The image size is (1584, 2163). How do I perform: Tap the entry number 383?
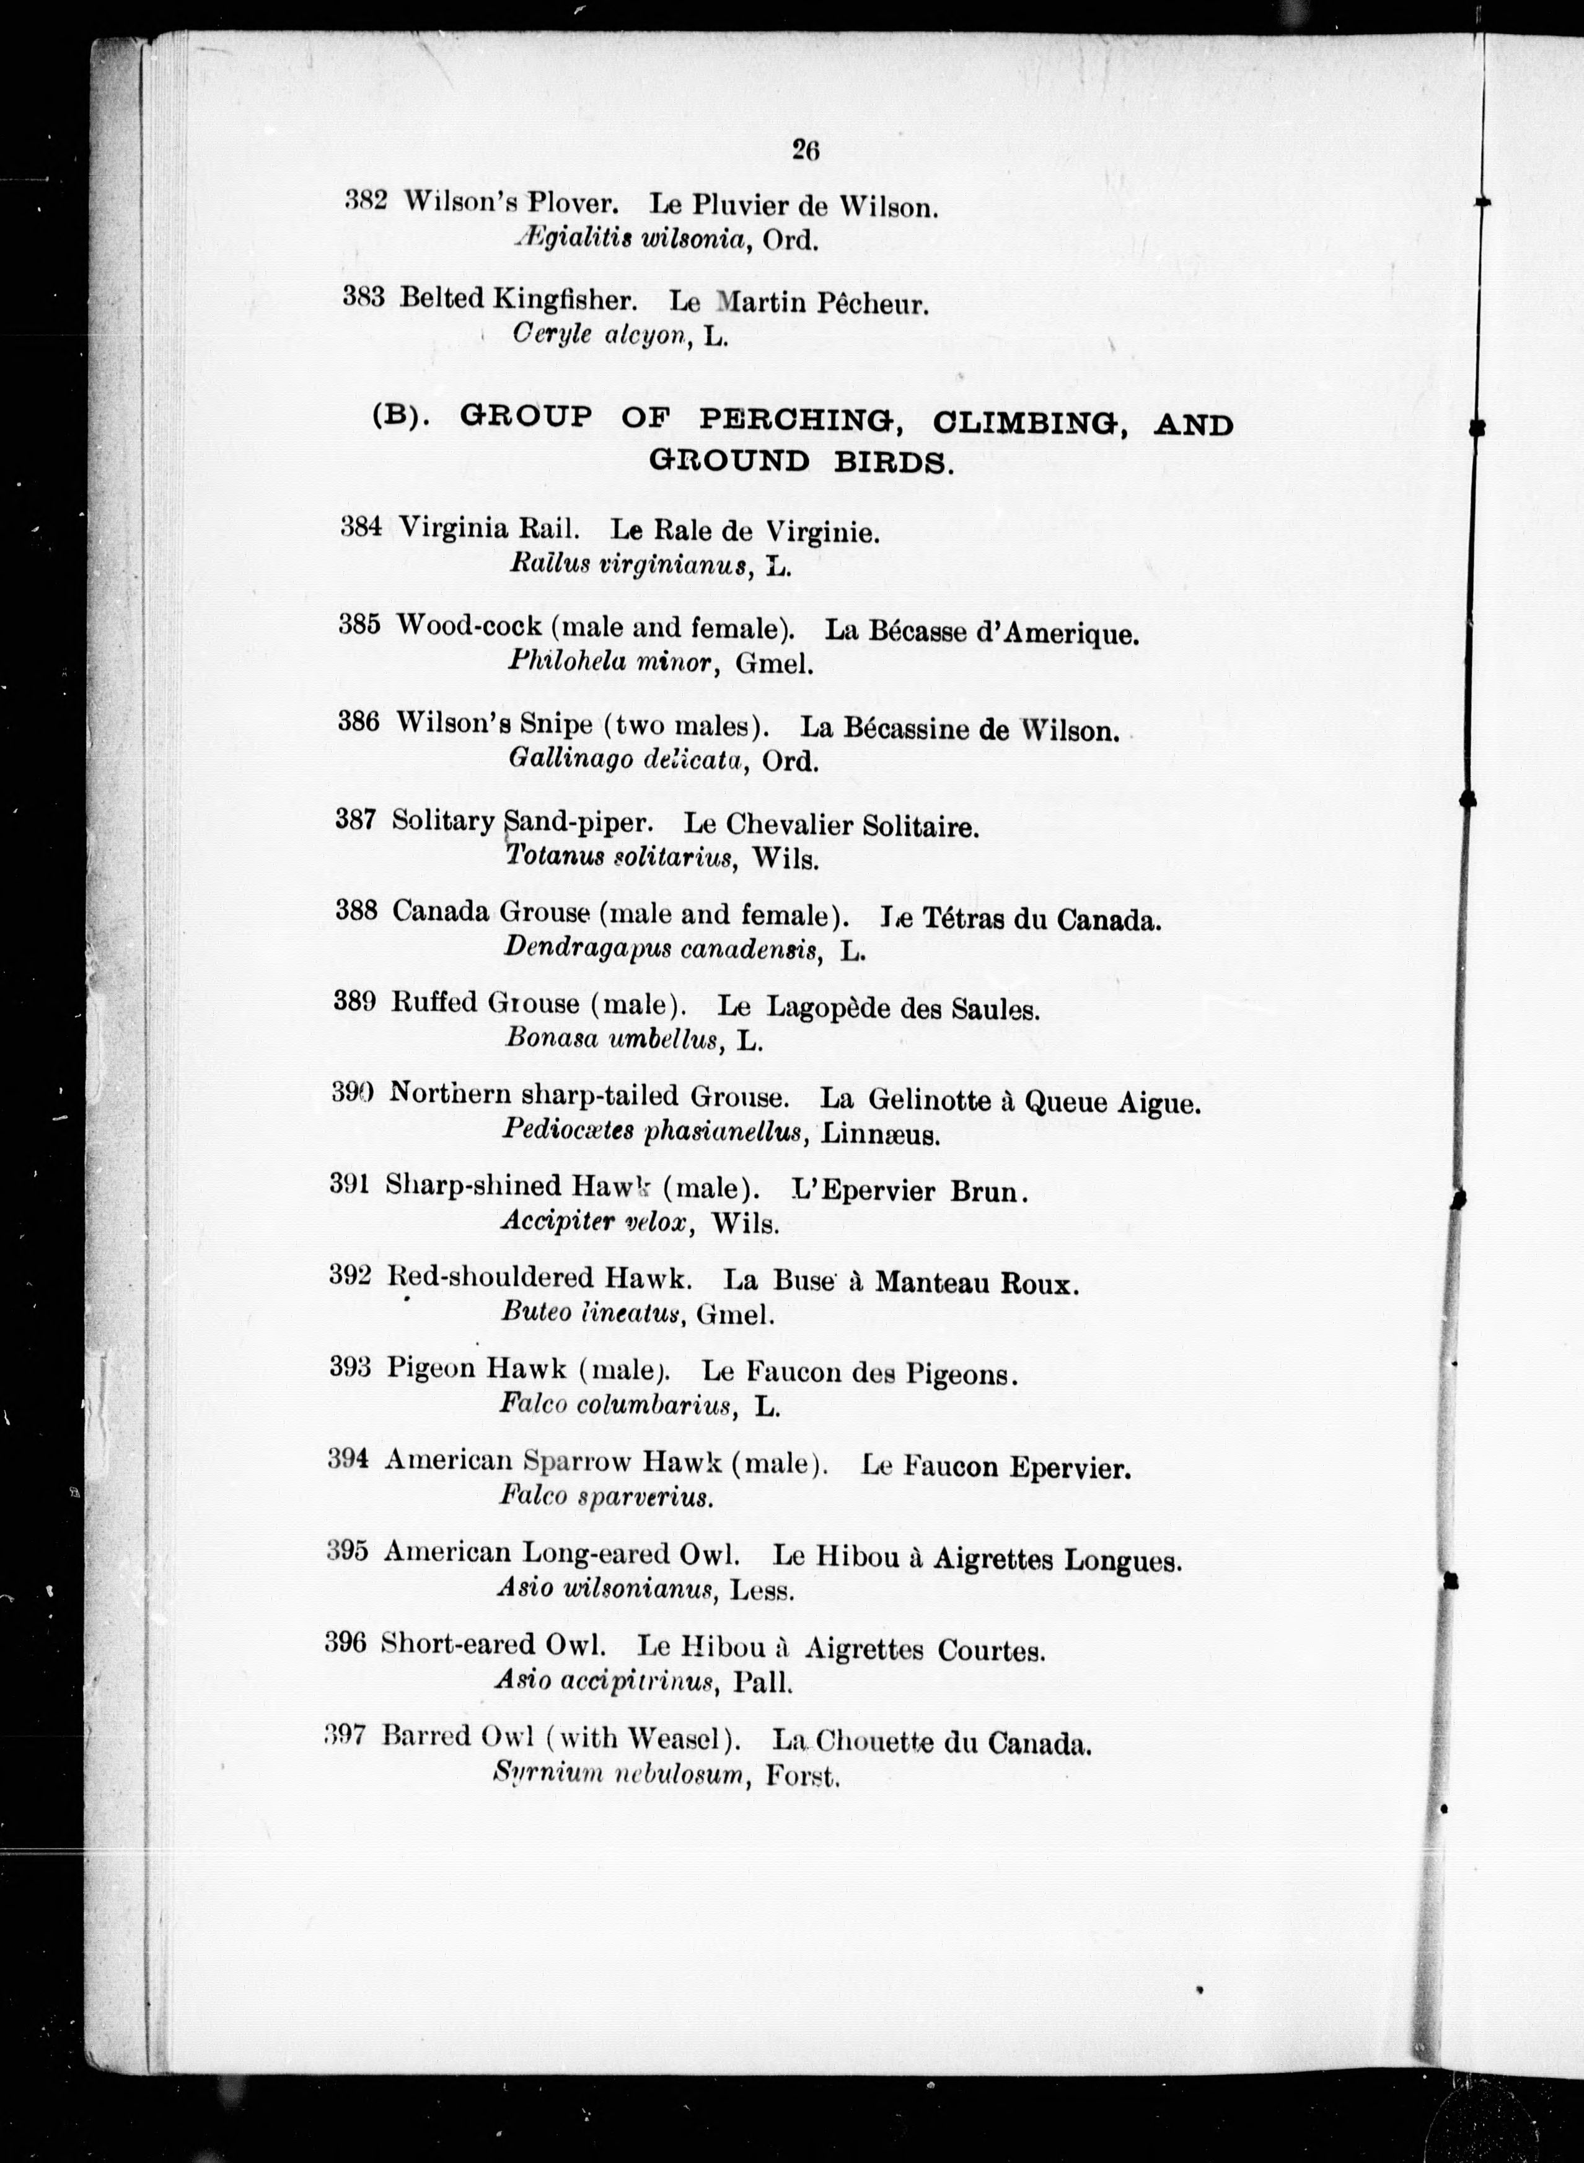[x=363, y=298]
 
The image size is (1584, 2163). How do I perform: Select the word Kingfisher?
[x=564, y=300]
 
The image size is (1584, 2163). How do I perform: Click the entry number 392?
[x=350, y=1276]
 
